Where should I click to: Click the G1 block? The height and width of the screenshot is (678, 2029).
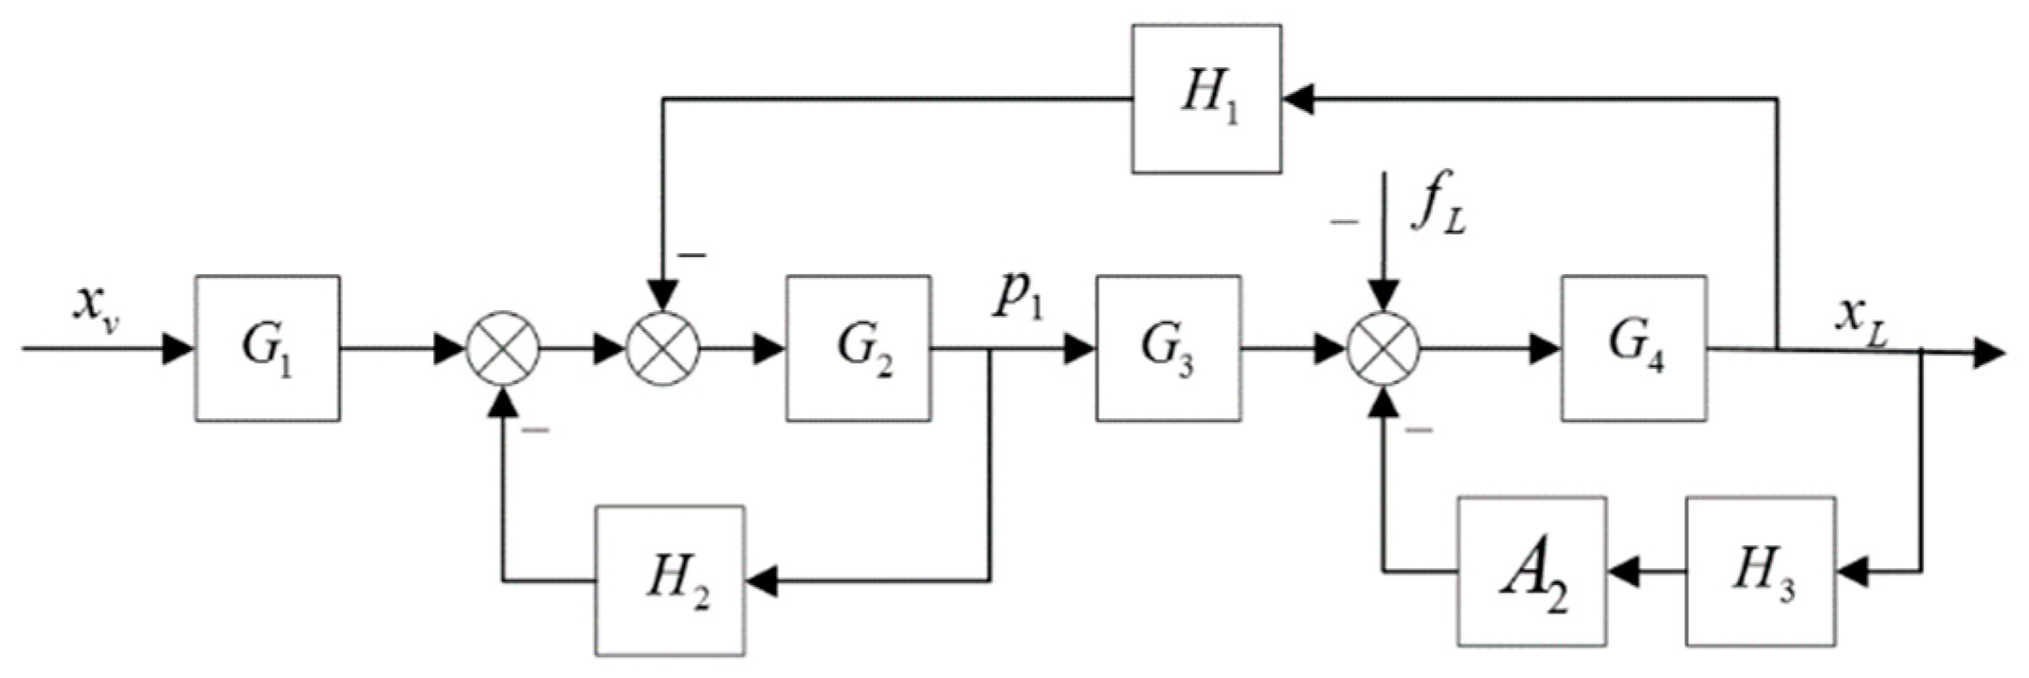point(267,348)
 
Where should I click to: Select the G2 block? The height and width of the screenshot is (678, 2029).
point(858,348)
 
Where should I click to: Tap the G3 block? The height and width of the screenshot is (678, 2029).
point(1168,348)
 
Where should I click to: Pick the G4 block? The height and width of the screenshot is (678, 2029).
point(1634,348)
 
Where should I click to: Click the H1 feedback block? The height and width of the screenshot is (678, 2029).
point(1206,99)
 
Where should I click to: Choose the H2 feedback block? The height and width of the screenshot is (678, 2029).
point(670,579)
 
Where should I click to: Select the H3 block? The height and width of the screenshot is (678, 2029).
point(1760,571)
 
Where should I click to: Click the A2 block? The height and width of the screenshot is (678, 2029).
point(1531,571)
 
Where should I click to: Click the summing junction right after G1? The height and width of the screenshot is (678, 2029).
point(503,348)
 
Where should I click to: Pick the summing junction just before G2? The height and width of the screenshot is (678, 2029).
point(663,348)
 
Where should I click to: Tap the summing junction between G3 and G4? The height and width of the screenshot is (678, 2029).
point(1384,348)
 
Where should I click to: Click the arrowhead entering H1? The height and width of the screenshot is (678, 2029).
point(1298,99)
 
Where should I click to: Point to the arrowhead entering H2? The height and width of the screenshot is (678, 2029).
point(761,580)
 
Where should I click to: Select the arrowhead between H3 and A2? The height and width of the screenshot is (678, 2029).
point(1622,571)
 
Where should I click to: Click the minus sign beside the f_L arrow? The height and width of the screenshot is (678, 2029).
point(1343,221)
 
